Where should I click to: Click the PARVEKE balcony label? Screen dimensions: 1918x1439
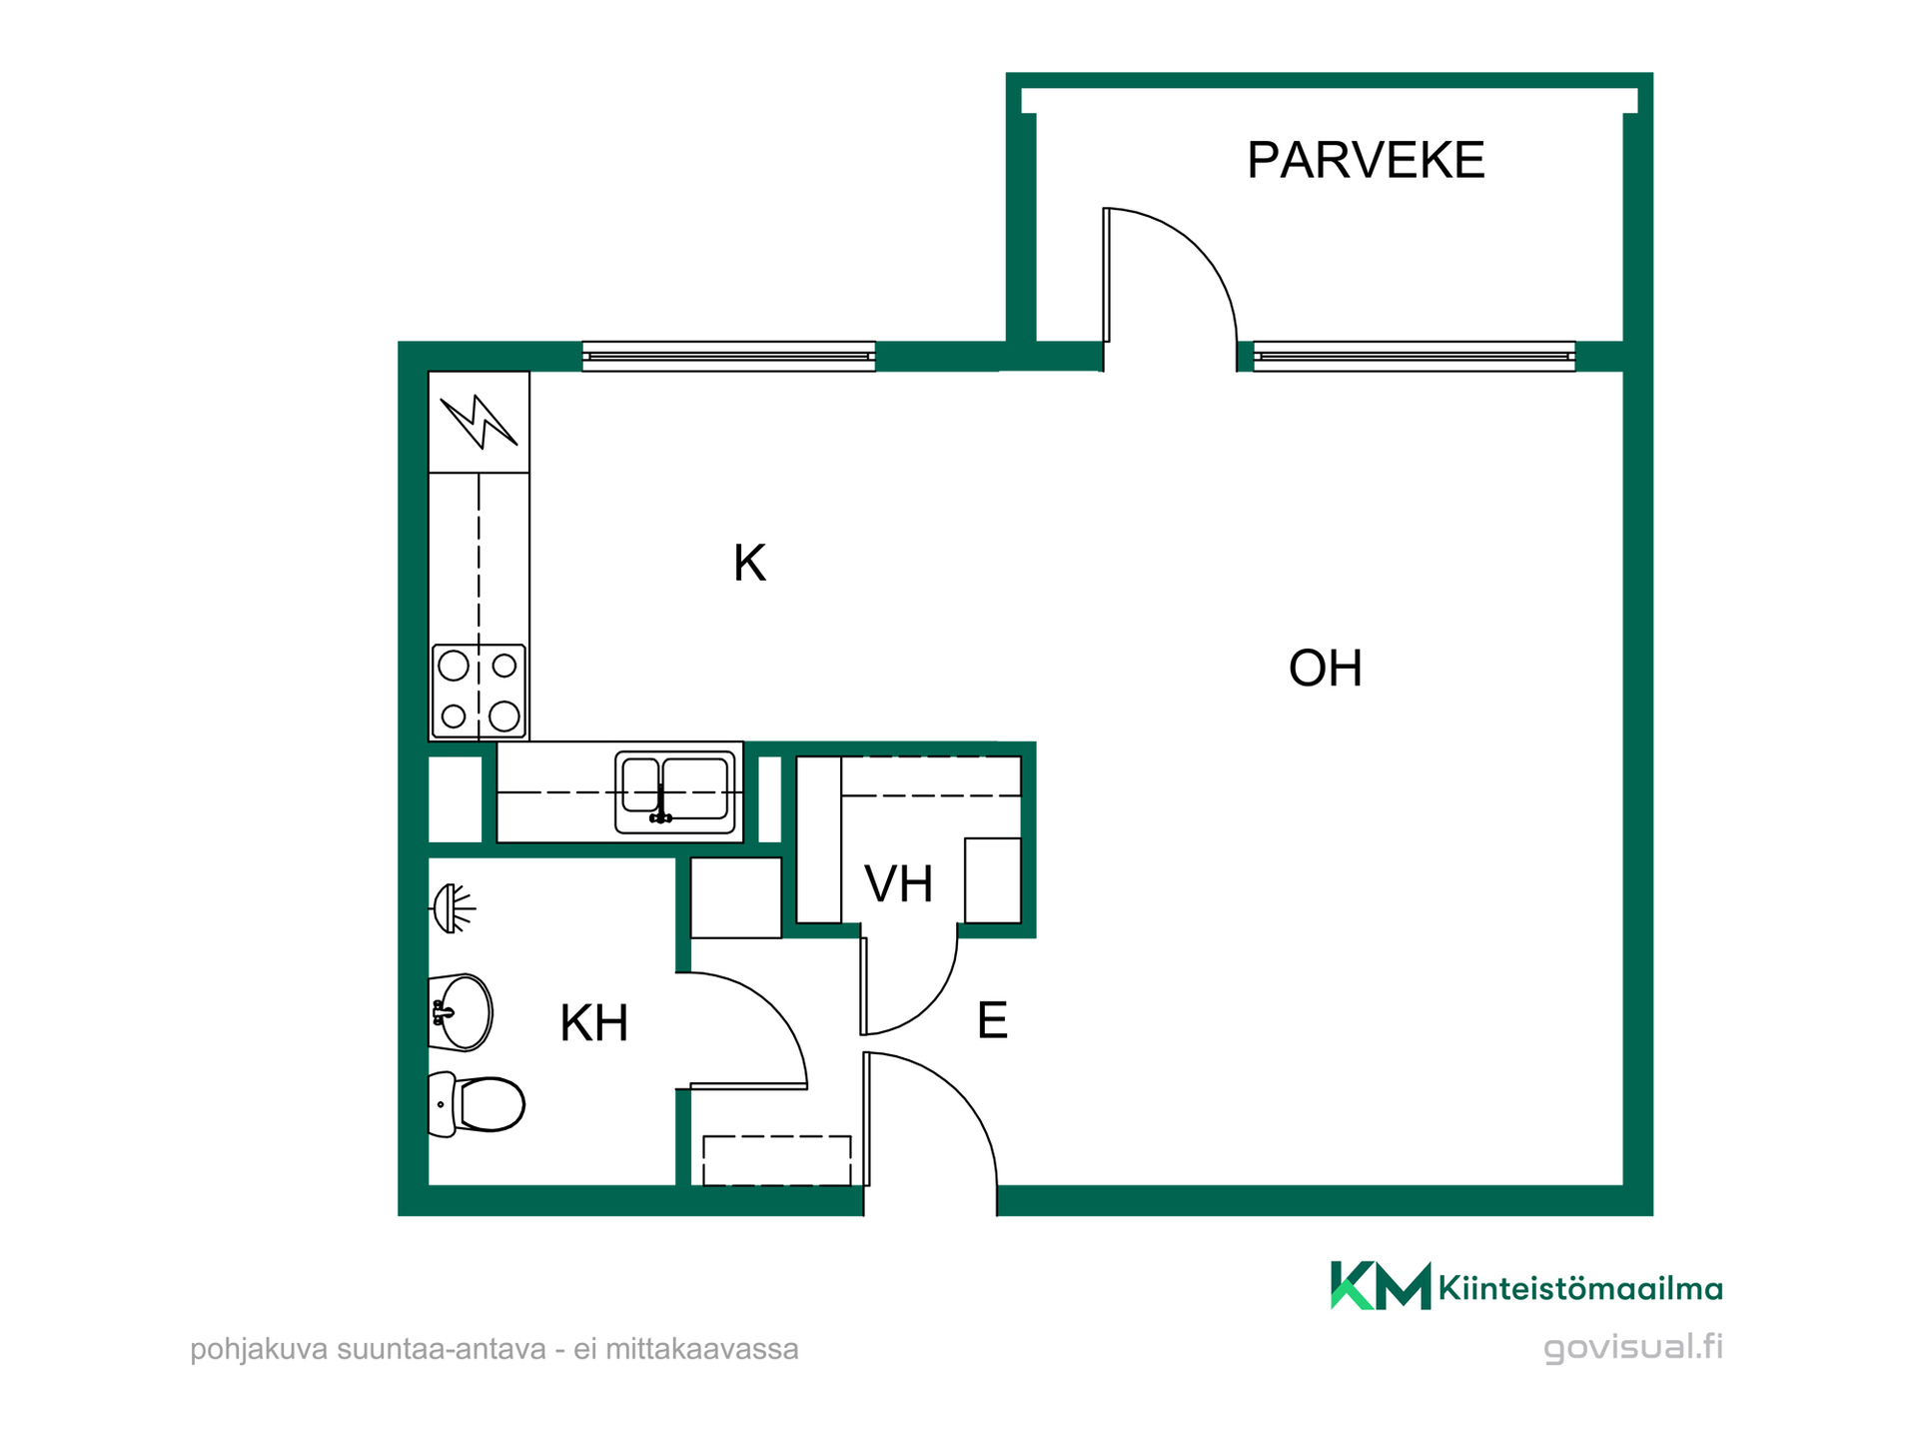click(1366, 160)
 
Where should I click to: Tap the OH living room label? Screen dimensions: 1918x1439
click(1326, 669)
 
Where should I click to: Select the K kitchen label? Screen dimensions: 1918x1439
click(749, 564)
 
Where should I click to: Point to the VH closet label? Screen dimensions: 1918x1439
click(899, 884)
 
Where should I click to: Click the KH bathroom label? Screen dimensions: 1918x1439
click(594, 1023)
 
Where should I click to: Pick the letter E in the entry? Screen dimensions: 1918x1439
click(992, 1020)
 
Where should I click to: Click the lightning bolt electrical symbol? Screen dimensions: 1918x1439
click(479, 422)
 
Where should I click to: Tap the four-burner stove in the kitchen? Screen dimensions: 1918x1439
click(479, 691)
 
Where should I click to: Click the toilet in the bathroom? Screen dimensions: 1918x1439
click(477, 1104)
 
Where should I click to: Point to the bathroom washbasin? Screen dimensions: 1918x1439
click(461, 1012)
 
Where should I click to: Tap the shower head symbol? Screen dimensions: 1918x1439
click(453, 908)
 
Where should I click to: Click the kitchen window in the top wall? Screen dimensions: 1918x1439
click(729, 357)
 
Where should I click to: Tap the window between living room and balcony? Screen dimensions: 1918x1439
click(1415, 357)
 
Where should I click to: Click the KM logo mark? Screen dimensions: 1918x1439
click(1381, 1286)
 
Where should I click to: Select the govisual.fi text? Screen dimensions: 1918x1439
click(1633, 1348)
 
